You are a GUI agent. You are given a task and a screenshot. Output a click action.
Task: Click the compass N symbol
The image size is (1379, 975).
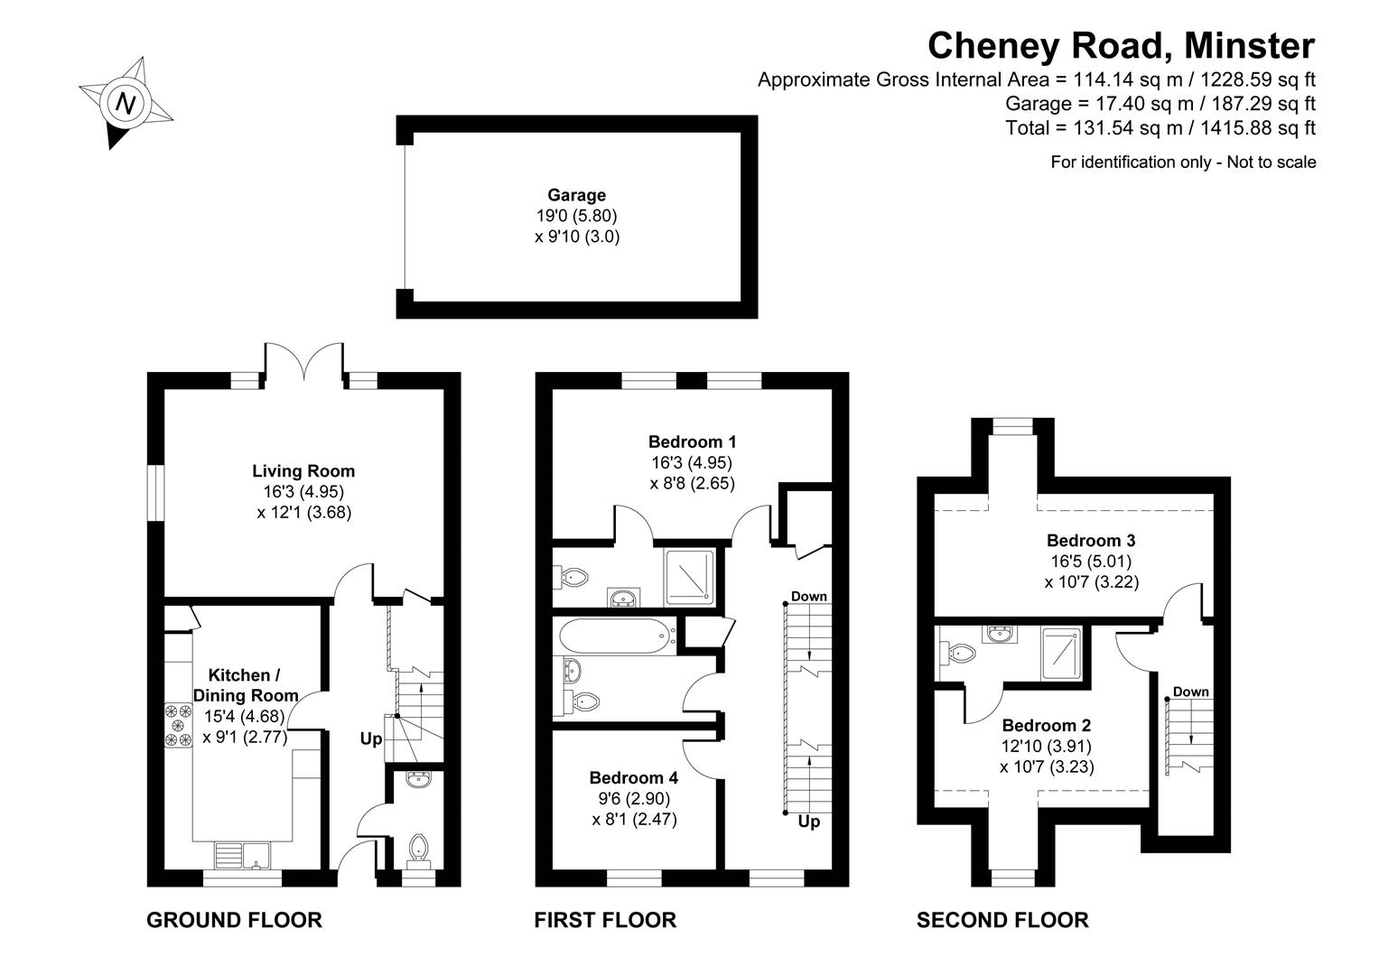coord(127,102)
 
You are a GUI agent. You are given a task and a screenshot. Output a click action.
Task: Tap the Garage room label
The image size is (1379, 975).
coord(576,195)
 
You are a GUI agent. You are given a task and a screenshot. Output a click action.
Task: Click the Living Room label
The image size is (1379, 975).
coord(303,471)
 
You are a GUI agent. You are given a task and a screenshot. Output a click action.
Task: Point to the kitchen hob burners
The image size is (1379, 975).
coord(178,725)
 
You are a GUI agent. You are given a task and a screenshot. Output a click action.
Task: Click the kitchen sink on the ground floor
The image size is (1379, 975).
coord(243,853)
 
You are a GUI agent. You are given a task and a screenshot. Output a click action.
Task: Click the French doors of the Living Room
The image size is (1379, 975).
coord(303,365)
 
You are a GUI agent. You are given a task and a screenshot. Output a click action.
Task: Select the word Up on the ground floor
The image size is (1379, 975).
coord(371,739)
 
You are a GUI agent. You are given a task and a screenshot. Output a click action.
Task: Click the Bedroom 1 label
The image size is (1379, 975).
coord(693,441)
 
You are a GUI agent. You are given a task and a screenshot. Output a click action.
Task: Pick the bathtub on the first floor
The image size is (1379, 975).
coord(617,636)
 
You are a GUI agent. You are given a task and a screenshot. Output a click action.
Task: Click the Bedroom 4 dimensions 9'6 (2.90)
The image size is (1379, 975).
coord(634,799)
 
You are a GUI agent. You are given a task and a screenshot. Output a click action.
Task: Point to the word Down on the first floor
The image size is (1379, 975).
coord(808,597)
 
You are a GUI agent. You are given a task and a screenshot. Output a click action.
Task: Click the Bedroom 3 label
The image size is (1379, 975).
coord(1091,541)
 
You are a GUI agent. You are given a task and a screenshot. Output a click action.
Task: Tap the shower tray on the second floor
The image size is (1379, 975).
coord(1060,654)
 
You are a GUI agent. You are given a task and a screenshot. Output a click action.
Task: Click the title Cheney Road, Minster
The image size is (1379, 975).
coord(1122,45)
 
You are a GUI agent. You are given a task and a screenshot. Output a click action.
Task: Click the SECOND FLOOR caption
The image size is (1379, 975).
coord(1002,920)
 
